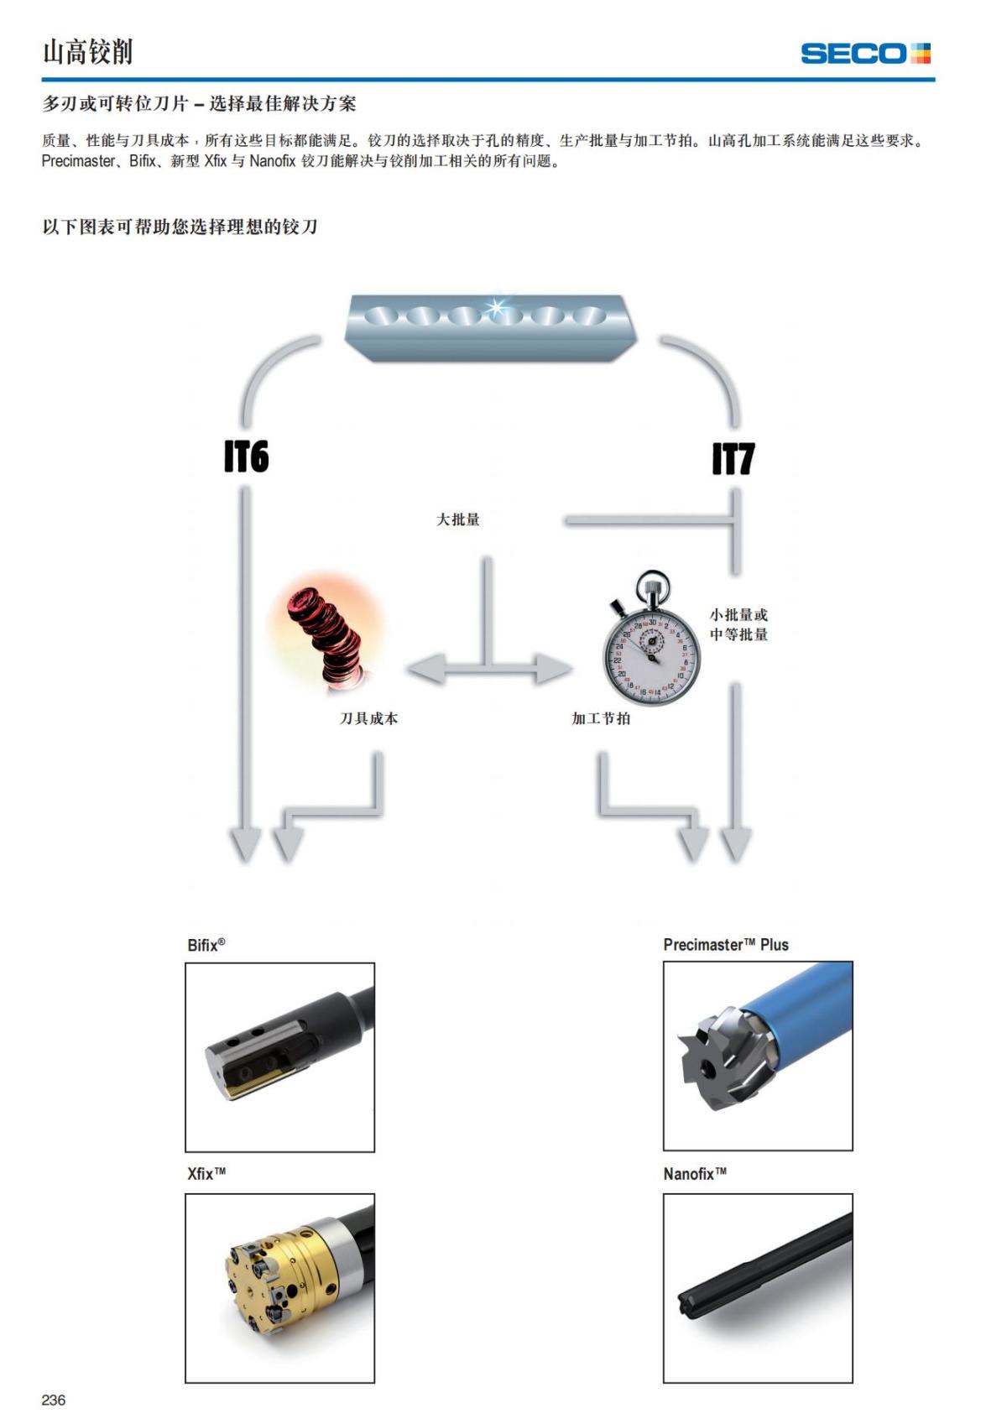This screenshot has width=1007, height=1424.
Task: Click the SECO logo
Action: click(x=865, y=54)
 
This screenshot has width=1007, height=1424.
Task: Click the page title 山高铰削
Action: click(x=88, y=52)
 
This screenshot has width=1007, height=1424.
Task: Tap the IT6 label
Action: click(x=246, y=456)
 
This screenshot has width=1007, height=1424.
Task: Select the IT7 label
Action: click(x=733, y=459)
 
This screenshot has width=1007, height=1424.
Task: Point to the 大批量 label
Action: click(x=457, y=519)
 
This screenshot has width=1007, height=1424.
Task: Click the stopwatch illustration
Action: click(x=650, y=643)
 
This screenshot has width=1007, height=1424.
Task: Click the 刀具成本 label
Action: click(x=368, y=718)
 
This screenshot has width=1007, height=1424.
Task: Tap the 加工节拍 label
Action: click(x=601, y=718)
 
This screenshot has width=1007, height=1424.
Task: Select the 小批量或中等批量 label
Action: click(x=738, y=624)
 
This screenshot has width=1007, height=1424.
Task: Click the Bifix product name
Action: click(x=206, y=945)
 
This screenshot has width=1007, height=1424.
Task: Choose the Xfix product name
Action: click(x=206, y=1173)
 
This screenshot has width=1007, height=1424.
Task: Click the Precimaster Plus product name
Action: click(x=726, y=945)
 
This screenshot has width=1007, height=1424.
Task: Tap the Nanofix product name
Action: click(x=695, y=1173)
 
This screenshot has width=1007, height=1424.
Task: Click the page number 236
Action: click(x=54, y=1400)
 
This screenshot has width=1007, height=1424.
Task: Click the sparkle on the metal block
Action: click(x=497, y=305)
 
